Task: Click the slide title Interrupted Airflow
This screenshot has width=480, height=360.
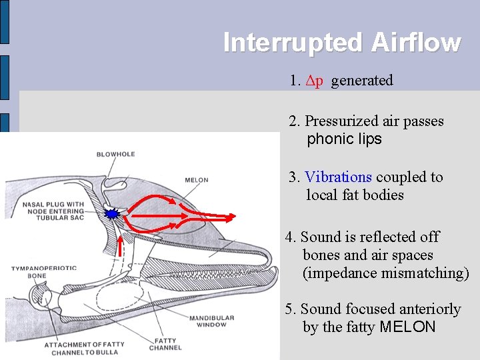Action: [342, 42]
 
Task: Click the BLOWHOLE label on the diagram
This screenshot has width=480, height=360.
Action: [115, 154]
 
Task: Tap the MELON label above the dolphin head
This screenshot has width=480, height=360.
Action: [196, 180]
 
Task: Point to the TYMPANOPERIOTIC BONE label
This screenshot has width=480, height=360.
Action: [43, 271]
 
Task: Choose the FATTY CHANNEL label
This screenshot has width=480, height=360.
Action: [165, 344]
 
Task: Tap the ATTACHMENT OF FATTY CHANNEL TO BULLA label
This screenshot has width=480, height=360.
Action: [84, 348]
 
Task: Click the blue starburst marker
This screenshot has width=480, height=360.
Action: [113, 214]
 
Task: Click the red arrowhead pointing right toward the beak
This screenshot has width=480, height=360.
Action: [229, 217]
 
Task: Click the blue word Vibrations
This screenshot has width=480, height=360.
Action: [338, 177]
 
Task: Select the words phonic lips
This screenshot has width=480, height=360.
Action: [344, 139]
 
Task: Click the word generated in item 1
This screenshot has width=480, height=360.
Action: [362, 81]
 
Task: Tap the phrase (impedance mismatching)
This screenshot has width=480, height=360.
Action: [386, 273]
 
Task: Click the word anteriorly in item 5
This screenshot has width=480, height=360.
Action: [429, 309]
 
